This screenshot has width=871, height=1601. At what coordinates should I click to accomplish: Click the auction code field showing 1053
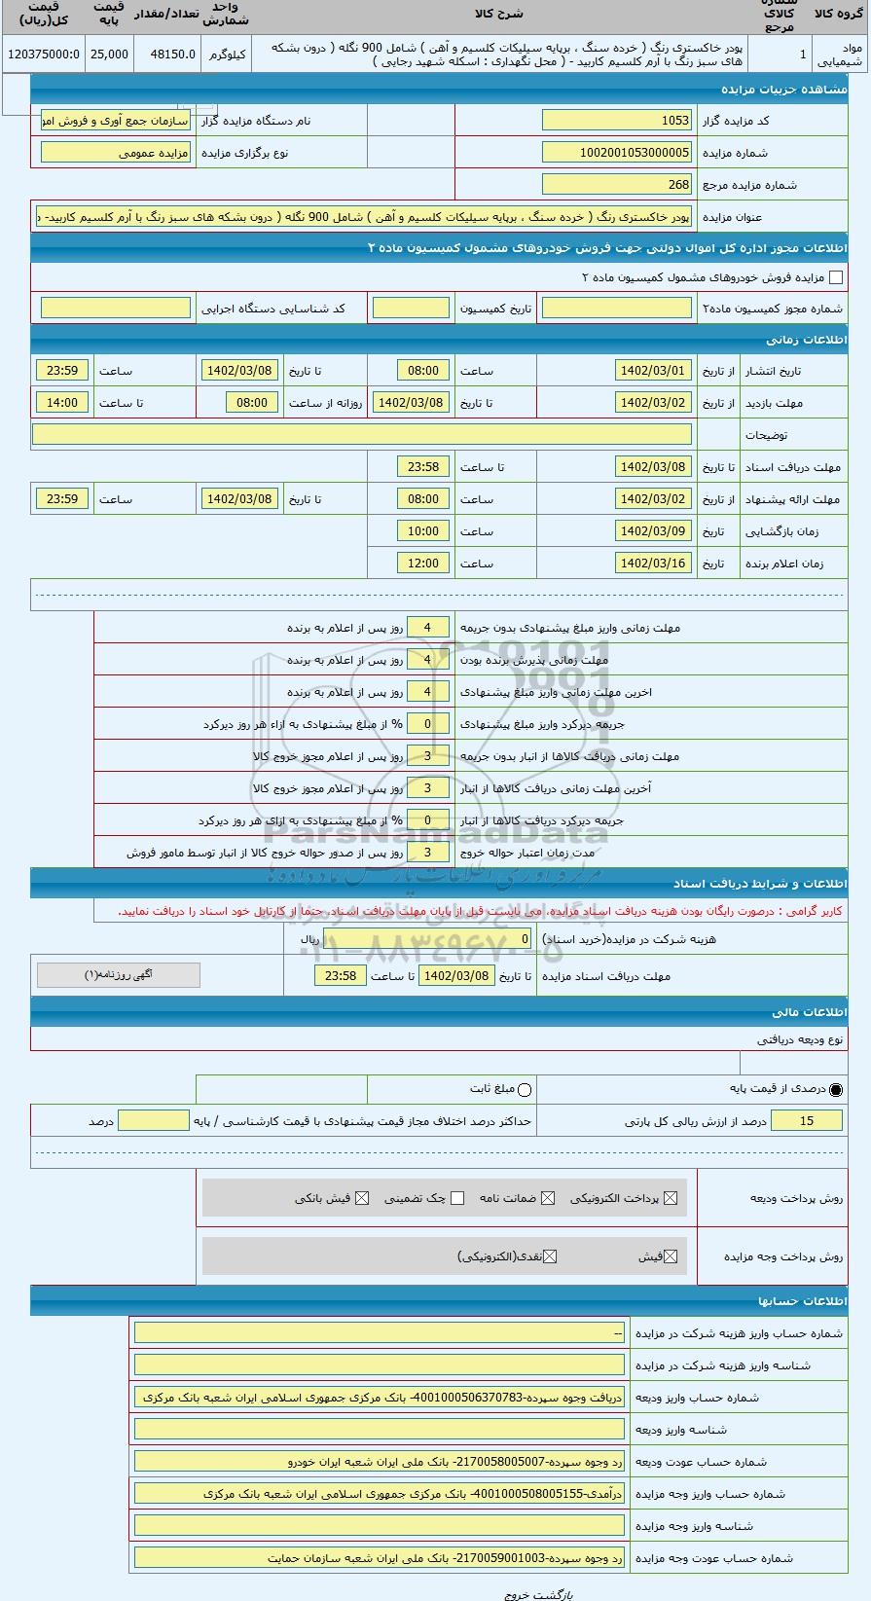(617, 121)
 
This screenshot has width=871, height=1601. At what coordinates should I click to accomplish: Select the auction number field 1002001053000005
(617, 153)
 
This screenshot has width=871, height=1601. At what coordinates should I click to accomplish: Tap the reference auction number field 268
(617, 184)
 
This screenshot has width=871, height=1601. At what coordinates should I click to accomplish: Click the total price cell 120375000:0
(43, 55)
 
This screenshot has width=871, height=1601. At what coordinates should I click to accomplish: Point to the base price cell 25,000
(109, 55)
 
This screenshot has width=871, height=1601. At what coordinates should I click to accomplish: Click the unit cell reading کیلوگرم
(227, 55)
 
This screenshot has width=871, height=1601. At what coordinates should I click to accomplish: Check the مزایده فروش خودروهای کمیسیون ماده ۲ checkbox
(836, 278)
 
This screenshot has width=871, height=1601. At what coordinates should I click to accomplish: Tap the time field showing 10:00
(423, 531)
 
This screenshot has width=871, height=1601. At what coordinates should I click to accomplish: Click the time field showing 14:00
(62, 402)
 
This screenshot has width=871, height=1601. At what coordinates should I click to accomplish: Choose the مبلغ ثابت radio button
(526, 1090)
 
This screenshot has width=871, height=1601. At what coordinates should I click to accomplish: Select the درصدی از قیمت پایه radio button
(837, 1090)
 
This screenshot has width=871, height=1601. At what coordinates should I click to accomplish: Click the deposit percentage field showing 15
(807, 1121)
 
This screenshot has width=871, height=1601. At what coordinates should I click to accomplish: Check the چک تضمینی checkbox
(457, 1199)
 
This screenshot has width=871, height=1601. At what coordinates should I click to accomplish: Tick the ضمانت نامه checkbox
(549, 1199)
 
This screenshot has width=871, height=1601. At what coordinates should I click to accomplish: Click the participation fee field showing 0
(429, 939)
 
